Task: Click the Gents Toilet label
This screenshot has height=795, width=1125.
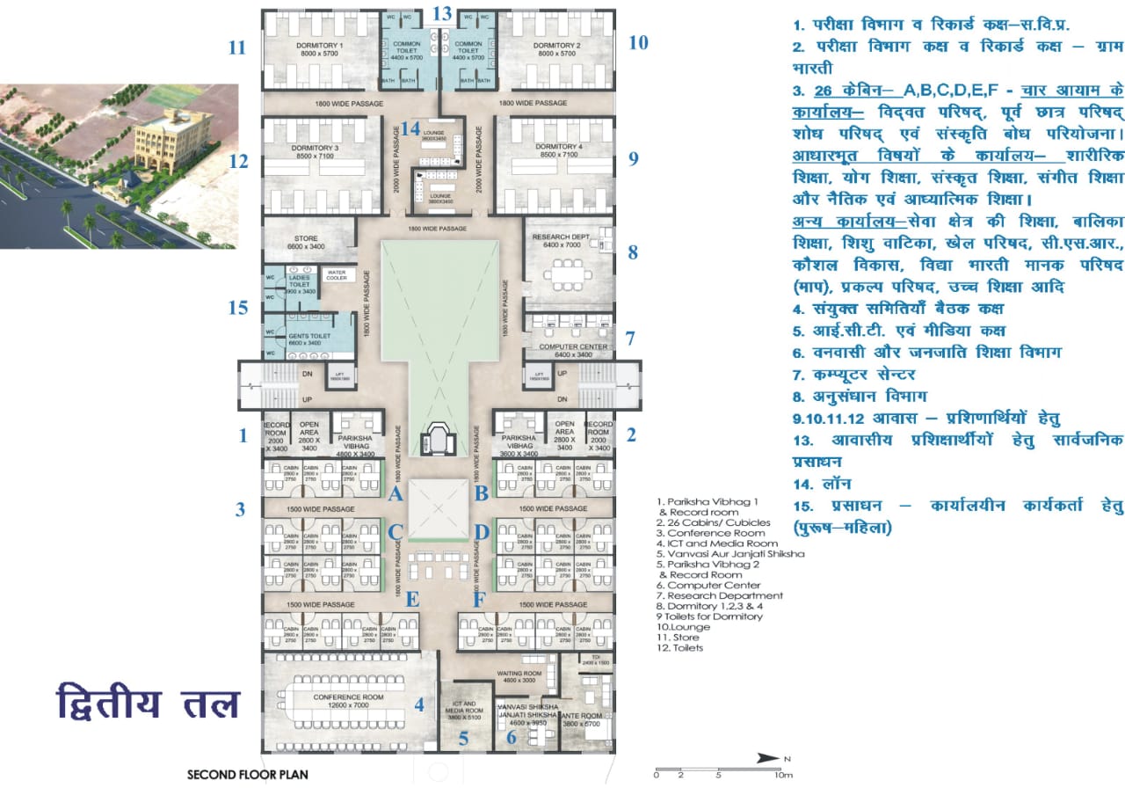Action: [309, 337]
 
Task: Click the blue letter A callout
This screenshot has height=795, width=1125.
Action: [396, 494]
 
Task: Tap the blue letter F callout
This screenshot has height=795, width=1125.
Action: [480, 602]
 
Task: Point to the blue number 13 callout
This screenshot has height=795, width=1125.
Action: [442, 13]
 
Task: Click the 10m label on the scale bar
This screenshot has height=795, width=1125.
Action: [782, 775]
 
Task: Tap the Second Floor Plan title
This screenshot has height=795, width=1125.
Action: [247, 776]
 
